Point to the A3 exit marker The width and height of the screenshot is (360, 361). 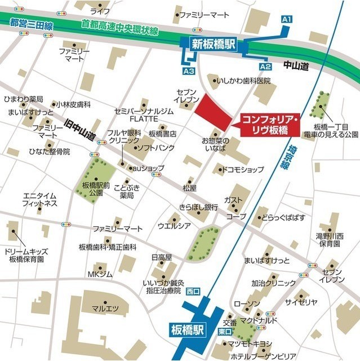click(189, 72)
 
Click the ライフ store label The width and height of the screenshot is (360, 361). click(100, 11)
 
